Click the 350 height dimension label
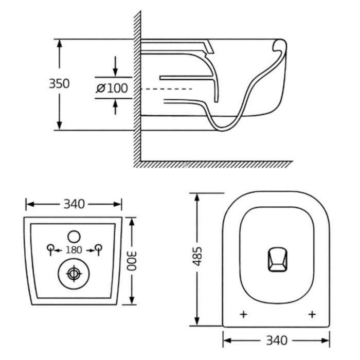pos(59,83)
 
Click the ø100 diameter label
pos(112,88)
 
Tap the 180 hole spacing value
pos(74,250)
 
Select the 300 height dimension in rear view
pos(132,261)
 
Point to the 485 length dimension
pos(197,256)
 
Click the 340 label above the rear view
pos(74,204)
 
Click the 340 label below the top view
pos(277,340)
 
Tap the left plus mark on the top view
pos(243,314)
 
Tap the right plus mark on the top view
pos(312,314)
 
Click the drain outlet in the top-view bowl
pos(278,259)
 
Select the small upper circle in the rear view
pos(74,237)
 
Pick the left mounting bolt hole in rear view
pos(50,248)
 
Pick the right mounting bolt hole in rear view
pos(99,248)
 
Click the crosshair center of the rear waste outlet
pos(74,274)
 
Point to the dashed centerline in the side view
pos(166,89)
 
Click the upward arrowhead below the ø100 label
pos(115,104)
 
